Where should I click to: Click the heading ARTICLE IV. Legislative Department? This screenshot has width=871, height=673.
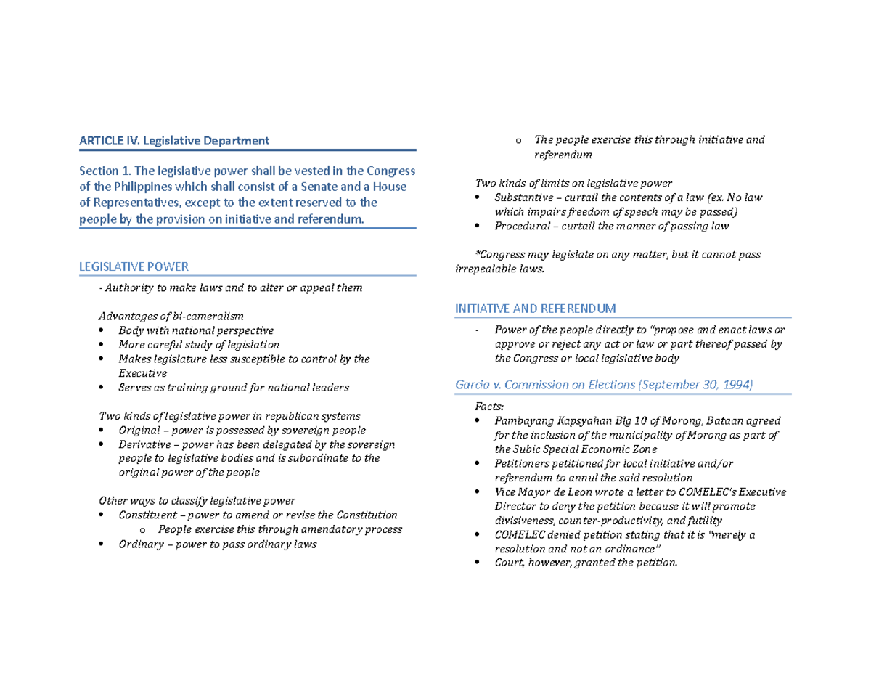click(x=174, y=140)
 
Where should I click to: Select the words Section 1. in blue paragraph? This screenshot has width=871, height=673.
click(x=104, y=171)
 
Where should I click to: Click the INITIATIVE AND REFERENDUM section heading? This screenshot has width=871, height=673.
click(x=536, y=309)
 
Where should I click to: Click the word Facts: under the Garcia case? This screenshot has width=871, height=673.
click(x=488, y=407)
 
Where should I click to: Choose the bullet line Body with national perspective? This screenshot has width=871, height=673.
click(x=196, y=330)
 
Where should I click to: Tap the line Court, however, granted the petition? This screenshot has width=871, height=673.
click(x=585, y=562)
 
